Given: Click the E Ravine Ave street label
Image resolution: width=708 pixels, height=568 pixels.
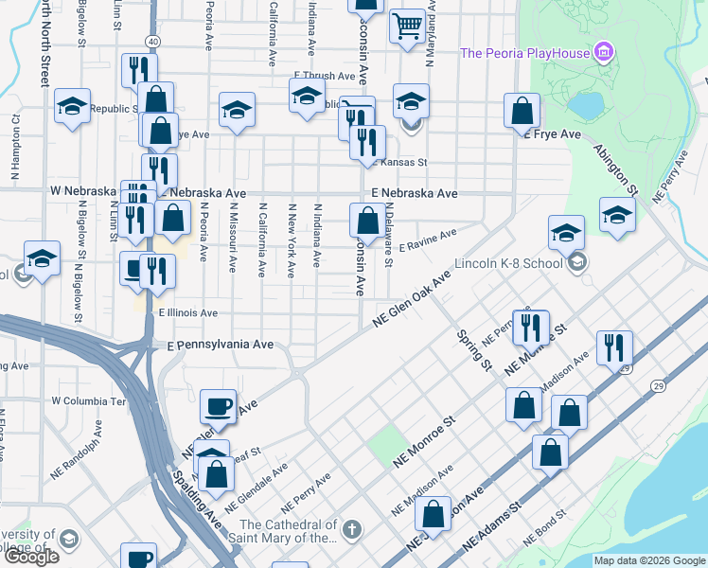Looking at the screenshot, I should [x=428, y=246].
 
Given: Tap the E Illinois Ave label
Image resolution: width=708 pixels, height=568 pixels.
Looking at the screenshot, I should [x=188, y=312].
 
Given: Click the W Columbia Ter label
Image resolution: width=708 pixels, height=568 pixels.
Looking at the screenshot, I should [x=89, y=400].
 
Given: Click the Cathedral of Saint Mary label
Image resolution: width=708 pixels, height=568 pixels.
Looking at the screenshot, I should [x=289, y=531].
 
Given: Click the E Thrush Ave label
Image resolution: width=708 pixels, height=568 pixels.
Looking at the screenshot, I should [x=323, y=75].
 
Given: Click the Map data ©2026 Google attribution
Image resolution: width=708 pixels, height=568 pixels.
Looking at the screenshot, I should [x=649, y=560].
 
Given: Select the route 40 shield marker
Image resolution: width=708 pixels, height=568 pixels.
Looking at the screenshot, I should [x=152, y=41].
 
